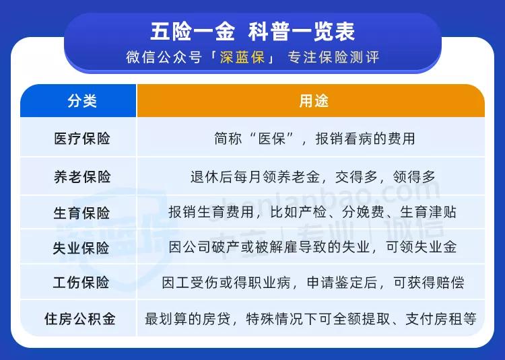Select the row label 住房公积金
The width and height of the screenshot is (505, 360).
click(x=79, y=318)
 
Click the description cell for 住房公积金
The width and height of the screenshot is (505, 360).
click(x=311, y=318)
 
